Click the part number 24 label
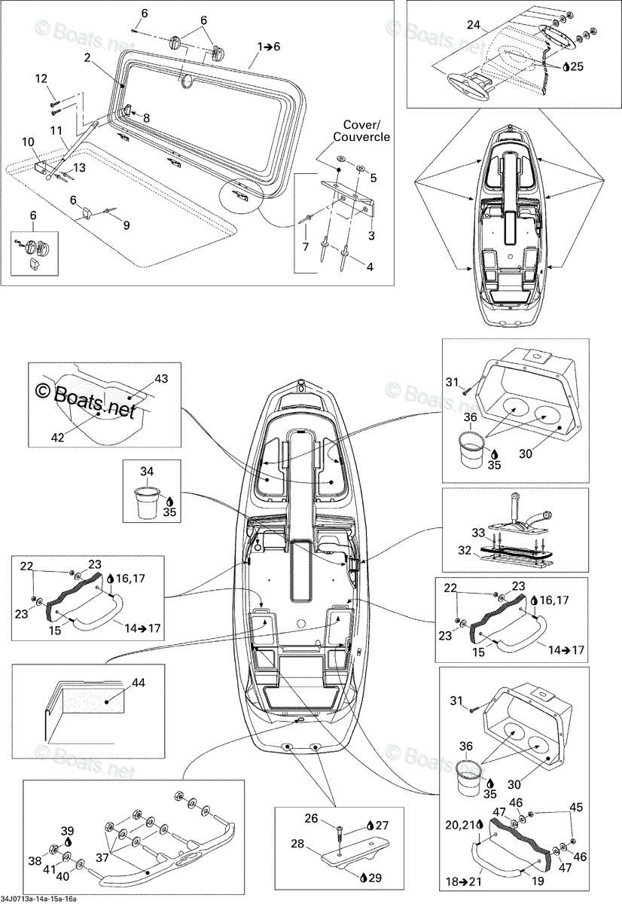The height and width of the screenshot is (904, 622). [474, 25]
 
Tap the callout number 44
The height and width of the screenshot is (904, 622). [138, 683]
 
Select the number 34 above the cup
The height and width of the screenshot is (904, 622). [147, 471]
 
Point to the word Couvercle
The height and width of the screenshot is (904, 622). [361, 137]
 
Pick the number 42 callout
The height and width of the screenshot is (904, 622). [58, 437]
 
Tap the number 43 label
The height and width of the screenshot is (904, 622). [161, 378]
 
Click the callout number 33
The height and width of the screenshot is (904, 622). [478, 533]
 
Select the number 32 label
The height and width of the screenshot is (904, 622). [465, 550]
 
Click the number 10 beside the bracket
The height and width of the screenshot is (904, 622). [28, 142]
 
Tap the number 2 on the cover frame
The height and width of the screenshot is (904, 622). [87, 58]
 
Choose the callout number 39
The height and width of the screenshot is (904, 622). [67, 831]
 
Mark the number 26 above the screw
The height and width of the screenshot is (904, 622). [311, 818]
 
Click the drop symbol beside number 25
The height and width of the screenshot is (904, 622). [566, 66]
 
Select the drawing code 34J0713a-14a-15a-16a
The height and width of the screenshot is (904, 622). [38, 899]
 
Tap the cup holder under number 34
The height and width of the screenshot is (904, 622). [147, 503]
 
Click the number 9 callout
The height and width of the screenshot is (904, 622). [127, 225]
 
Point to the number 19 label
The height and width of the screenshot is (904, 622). [538, 880]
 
